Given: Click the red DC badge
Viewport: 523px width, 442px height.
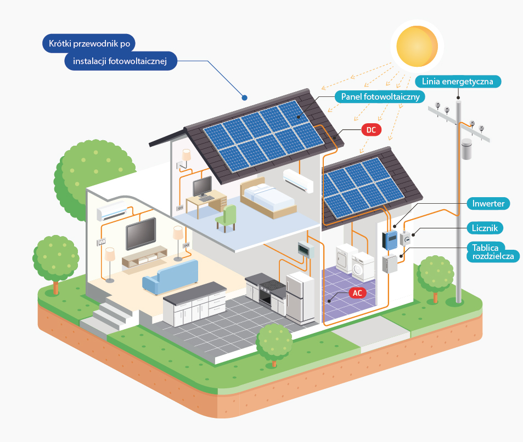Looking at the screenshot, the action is tap(371, 130).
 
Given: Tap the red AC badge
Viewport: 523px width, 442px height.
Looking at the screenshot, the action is tap(357, 293).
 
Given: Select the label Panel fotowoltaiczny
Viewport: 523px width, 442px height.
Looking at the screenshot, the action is tap(380, 97).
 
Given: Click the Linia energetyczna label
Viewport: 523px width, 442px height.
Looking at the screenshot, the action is tap(458, 82).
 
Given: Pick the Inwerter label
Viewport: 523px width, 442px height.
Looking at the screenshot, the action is tap(488, 203).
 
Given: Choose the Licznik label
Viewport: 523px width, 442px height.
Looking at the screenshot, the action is tap(485, 228).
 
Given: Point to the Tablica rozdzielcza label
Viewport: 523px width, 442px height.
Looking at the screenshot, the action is tap(493, 252).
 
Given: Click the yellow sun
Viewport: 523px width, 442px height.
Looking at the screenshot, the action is tap(417, 46).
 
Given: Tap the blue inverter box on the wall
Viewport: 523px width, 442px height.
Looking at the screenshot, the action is tap(390, 240).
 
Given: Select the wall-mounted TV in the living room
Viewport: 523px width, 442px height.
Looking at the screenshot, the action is tap(140, 234).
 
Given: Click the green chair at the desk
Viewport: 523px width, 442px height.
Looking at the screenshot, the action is tap(227, 218).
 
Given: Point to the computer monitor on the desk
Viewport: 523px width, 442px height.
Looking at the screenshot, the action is tap(203, 187).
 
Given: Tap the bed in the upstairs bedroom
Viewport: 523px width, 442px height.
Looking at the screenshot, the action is tap(268, 198).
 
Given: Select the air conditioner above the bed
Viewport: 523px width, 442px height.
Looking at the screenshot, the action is tap(298, 181).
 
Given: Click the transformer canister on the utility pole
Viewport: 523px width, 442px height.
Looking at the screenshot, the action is tap(466, 149).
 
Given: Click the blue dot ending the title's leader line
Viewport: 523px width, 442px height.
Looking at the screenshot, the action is tap(245, 98).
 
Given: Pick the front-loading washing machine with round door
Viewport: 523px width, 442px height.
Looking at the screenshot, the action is tap(362, 266).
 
